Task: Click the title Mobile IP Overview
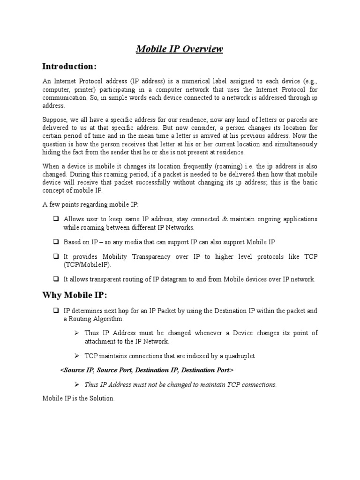click(180, 49)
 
